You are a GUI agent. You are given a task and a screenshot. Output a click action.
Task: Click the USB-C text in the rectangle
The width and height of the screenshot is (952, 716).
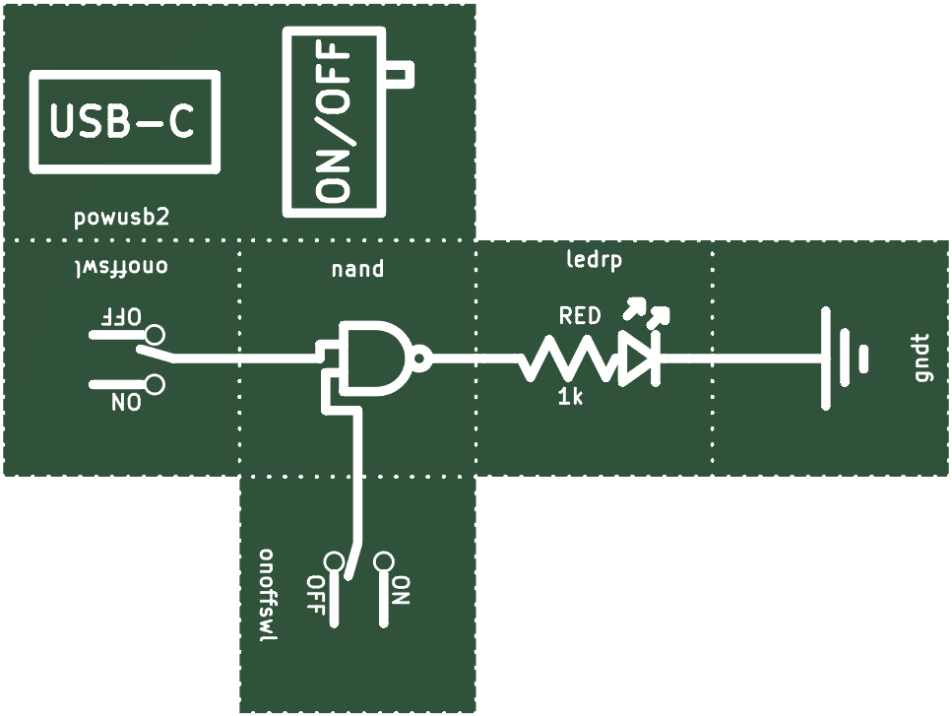point(122,121)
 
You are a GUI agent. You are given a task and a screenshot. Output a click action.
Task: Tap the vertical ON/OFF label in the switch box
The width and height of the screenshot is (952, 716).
point(334,122)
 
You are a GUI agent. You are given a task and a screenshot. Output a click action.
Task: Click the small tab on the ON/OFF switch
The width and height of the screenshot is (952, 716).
point(400,75)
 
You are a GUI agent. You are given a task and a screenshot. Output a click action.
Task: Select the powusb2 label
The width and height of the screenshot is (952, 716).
point(121,218)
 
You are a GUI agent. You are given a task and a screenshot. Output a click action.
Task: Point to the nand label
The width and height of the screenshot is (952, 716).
point(357,269)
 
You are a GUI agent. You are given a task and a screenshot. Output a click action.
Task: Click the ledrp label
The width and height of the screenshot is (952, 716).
point(594,260)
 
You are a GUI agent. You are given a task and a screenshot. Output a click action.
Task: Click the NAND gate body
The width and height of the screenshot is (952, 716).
point(373,358)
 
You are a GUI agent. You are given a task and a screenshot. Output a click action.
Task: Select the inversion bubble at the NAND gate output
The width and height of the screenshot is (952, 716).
point(420,358)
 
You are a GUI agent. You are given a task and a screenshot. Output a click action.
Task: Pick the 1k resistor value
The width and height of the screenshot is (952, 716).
point(570,398)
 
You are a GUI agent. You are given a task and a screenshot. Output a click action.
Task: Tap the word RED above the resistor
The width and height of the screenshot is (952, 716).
point(580,316)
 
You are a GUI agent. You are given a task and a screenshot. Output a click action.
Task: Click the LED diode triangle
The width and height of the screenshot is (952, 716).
point(636,358)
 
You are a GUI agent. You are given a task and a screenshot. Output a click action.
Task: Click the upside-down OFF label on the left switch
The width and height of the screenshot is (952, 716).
point(121,316)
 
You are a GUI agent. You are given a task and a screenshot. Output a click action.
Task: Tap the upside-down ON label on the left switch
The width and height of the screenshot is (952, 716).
point(126,402)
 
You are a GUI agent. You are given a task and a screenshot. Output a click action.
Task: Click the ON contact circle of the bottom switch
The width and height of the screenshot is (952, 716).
point(384,561)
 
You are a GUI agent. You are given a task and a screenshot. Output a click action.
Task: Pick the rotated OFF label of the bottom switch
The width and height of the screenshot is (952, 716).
point(315,595)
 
